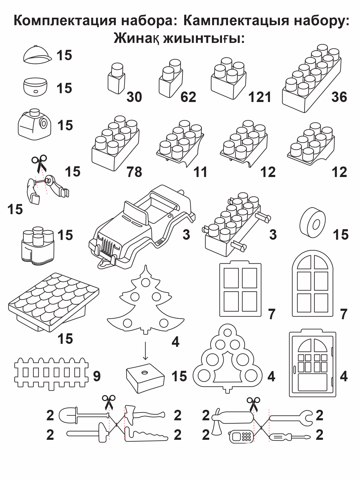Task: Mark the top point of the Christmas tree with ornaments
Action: pos(145,265)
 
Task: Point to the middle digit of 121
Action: pos(260,97)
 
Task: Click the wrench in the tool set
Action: pos(291,418)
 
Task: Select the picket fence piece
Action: pos(51,373)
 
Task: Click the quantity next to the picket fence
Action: pos(97,376)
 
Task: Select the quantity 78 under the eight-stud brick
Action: pos(134,172)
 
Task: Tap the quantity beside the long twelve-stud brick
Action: pos(339,97)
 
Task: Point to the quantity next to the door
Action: pos(343,376)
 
